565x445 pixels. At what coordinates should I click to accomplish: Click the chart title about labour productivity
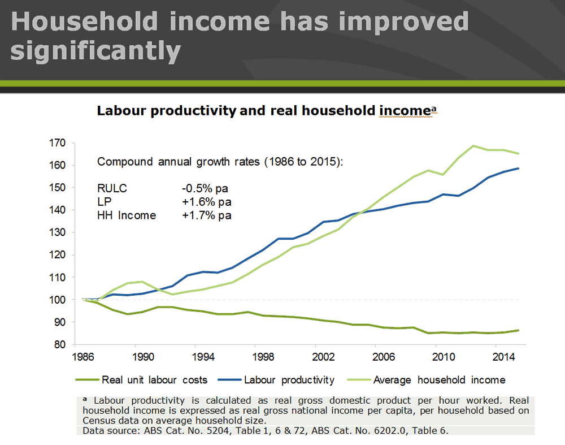pyautogui.click(x=266, y=110)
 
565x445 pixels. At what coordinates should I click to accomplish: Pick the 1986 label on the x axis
pyautogui.click(x=83, y=357)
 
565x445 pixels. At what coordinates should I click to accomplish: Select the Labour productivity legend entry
pyautogui.click(x=289, y=380)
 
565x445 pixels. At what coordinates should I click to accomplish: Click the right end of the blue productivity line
pyautogui.click(x=518, y=169)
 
